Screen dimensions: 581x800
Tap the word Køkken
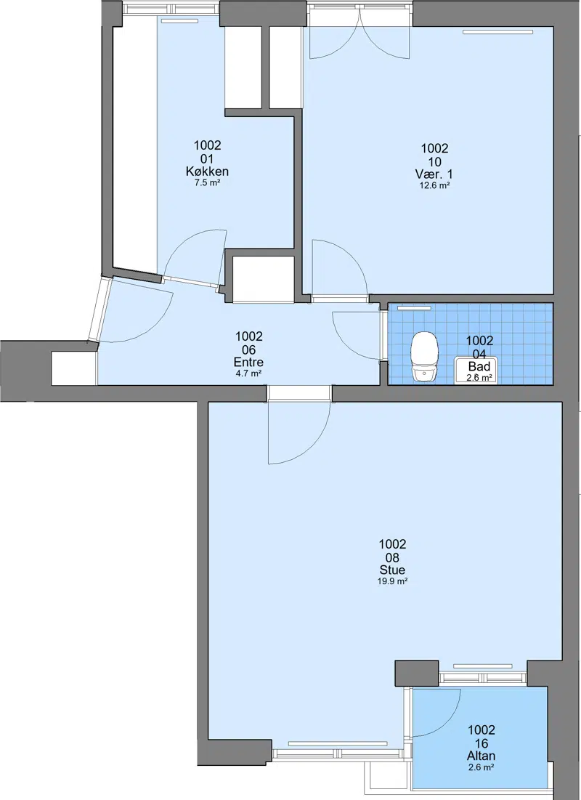(x=207, y=171)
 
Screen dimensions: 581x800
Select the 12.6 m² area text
(x=434, y=186)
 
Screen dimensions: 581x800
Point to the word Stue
(x=393, y=570)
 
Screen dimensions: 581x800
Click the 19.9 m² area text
(x=392, y=581)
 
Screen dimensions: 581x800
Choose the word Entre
(x=248, y=363)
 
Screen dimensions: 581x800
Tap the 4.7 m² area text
(x=249, y=373)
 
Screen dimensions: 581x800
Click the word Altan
(x=481, y=756)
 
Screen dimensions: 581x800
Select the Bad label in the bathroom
(x=479, y=366)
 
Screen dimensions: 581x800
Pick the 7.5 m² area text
(x=207, y=182)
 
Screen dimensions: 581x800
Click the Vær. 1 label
(x=434, y=174)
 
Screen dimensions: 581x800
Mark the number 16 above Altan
(x=482, y=743)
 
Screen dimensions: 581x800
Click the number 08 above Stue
(x=393, y=557)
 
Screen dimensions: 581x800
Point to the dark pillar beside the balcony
(x=417, y=673)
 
